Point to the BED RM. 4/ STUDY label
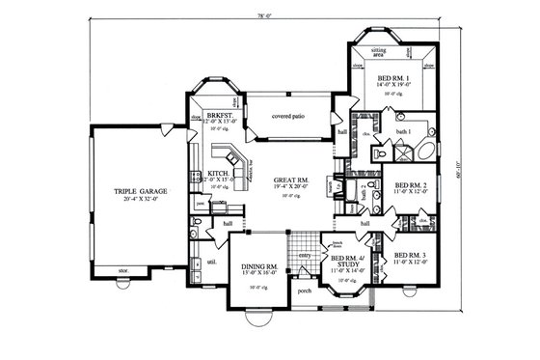coord(348,262)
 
